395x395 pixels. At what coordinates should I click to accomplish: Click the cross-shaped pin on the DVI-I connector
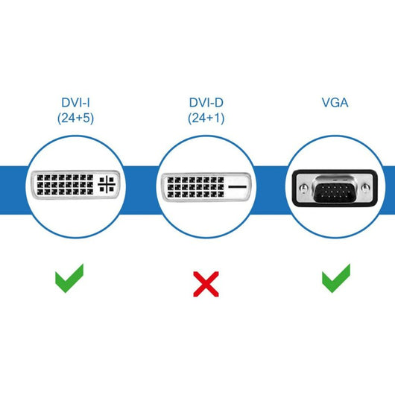(x=107, y=186)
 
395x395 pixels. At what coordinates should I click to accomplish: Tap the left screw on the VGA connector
(x=303, y=181)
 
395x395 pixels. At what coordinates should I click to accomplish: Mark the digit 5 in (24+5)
(x=86, y=117)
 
